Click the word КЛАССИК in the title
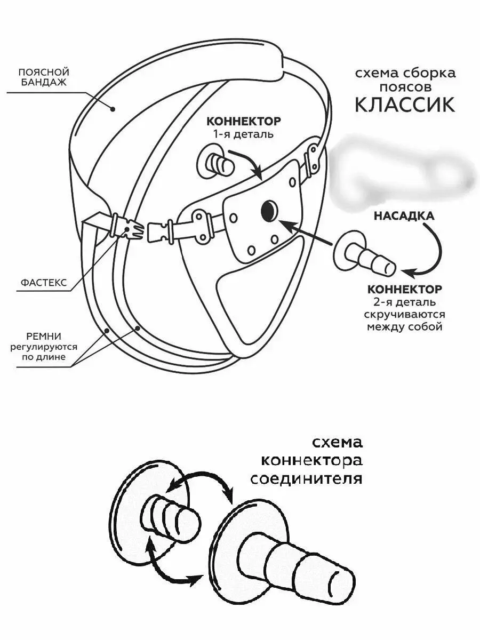coord(405,105)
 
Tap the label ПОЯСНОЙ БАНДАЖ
coord(44,77)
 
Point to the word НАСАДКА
coord(404,216)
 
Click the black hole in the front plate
coord(269,211)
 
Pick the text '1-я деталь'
coord(243,134)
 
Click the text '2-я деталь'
coord(405,302)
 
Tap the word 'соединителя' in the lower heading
coord(306,478)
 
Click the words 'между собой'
coord(405,326)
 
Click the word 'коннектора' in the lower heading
coord(311,460)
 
